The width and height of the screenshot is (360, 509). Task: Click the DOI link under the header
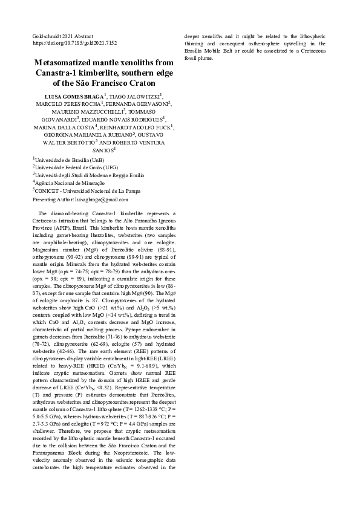[74, 44]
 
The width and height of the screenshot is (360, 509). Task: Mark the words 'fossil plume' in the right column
[198, 59]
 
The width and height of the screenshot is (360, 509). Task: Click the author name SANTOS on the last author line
[102, 150]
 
